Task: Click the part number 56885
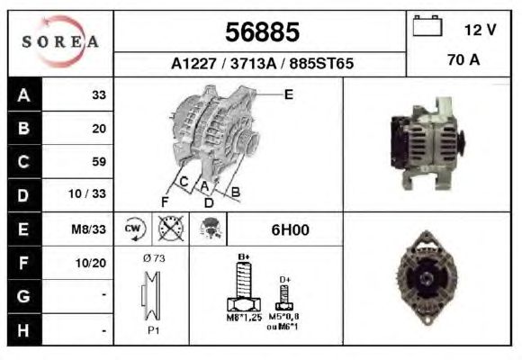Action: [x=262, y=32]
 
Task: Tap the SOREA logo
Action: [x=60, y=41]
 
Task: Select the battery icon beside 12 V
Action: [x=427, y=26]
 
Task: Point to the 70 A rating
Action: [x=463, y=60]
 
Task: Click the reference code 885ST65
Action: [x=321, y=64]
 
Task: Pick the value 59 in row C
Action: [x=99, y=161]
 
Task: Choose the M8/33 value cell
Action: [x=89, y=229]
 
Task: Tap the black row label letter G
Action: [x=23, y=296]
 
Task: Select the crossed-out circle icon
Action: [x=171, y=229]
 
